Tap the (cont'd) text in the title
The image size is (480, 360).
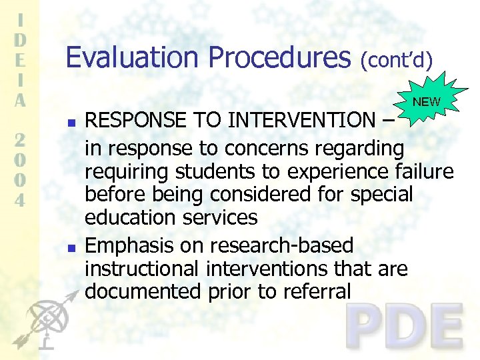(397, 61)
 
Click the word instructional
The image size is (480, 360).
(141, 269)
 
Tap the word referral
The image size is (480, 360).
(315, 292)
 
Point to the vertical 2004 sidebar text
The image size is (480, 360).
(21, 170)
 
